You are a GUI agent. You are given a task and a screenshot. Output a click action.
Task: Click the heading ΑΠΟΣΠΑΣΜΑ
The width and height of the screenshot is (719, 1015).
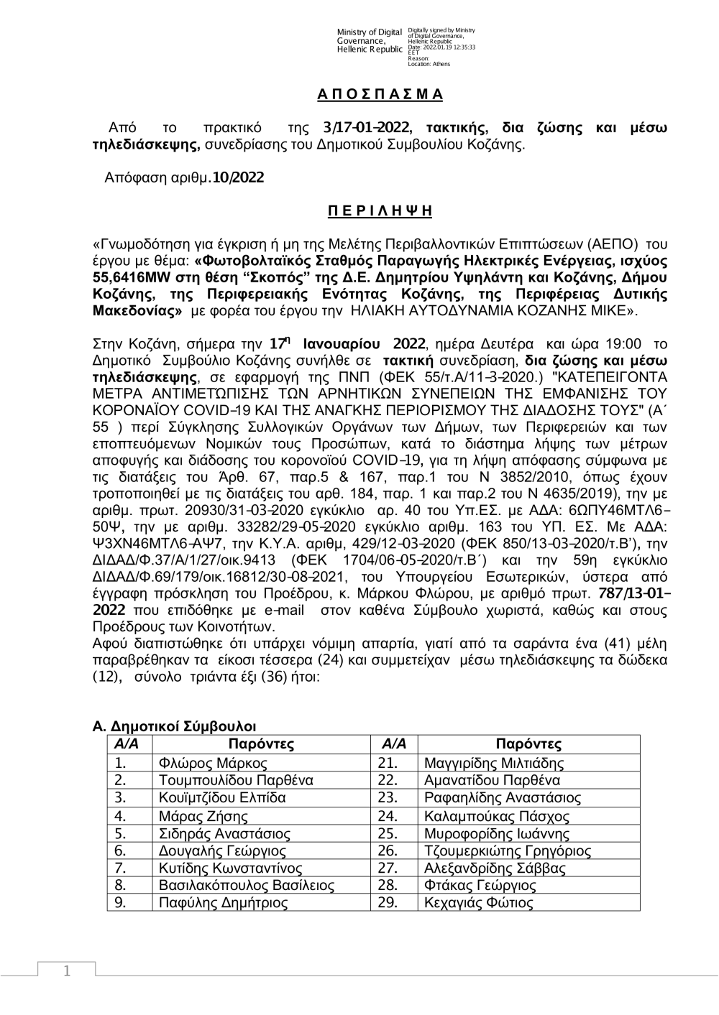tap(380, 95)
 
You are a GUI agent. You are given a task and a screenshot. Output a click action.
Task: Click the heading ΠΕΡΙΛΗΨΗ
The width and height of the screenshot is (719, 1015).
tap(380, 211)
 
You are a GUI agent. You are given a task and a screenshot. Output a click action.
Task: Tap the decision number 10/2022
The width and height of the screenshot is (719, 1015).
tap(238, 177)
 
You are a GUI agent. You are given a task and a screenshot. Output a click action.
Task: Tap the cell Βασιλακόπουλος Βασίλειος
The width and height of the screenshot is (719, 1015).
tap(247, 886)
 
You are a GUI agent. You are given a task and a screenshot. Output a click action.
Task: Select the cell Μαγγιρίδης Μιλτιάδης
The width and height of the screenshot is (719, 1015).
tap(494, 764)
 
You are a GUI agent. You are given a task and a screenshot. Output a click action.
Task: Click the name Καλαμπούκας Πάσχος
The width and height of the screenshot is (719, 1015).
tap(497, 816)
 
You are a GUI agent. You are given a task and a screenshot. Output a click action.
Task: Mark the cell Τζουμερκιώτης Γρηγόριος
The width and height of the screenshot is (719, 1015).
tap(508, 851)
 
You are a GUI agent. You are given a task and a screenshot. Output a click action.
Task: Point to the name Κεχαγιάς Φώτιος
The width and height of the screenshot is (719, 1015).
tap(479, 903)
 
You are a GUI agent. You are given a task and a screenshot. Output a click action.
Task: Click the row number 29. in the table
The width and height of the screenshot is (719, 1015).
tap(387, 903)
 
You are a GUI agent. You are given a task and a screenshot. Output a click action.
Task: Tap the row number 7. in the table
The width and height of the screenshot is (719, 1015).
tap(121, 868)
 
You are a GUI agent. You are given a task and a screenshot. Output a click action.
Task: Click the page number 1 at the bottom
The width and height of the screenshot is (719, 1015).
tap(67, 971)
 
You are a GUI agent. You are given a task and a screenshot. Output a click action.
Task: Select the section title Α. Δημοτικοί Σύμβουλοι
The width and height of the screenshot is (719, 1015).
tap(175, 728)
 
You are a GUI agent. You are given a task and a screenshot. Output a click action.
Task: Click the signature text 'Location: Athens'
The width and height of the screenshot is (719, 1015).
tap(429, 64)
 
